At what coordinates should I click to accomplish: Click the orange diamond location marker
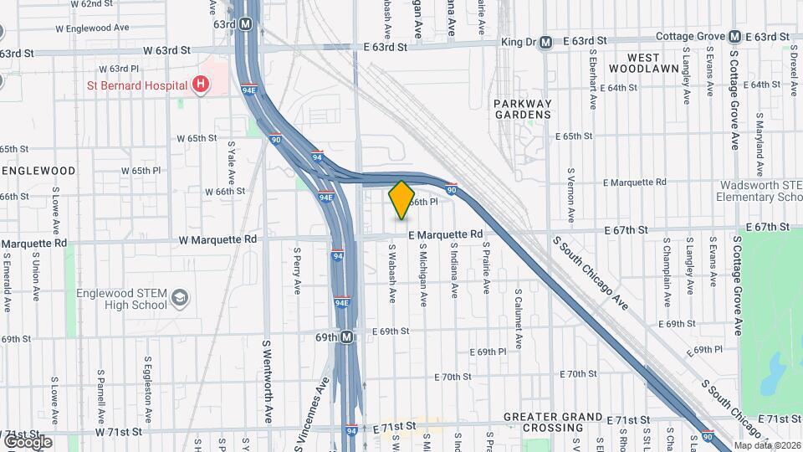pos(401,199)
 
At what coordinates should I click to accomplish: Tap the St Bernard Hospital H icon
pos(201,85)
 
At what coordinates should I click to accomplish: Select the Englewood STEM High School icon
pos(179,298)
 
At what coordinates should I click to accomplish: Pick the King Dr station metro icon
pos(545,42)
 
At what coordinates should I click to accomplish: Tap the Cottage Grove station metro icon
pos(734,37)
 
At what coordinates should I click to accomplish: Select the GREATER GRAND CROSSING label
pos(553,422)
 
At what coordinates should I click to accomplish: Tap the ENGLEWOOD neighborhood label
pos(38,170)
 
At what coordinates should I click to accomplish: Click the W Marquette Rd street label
pos(217,239)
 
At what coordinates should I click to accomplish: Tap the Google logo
pos(28,441)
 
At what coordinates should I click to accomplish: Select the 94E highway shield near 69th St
pos(341,303)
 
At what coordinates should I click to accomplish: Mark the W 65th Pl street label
pos(141,170)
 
